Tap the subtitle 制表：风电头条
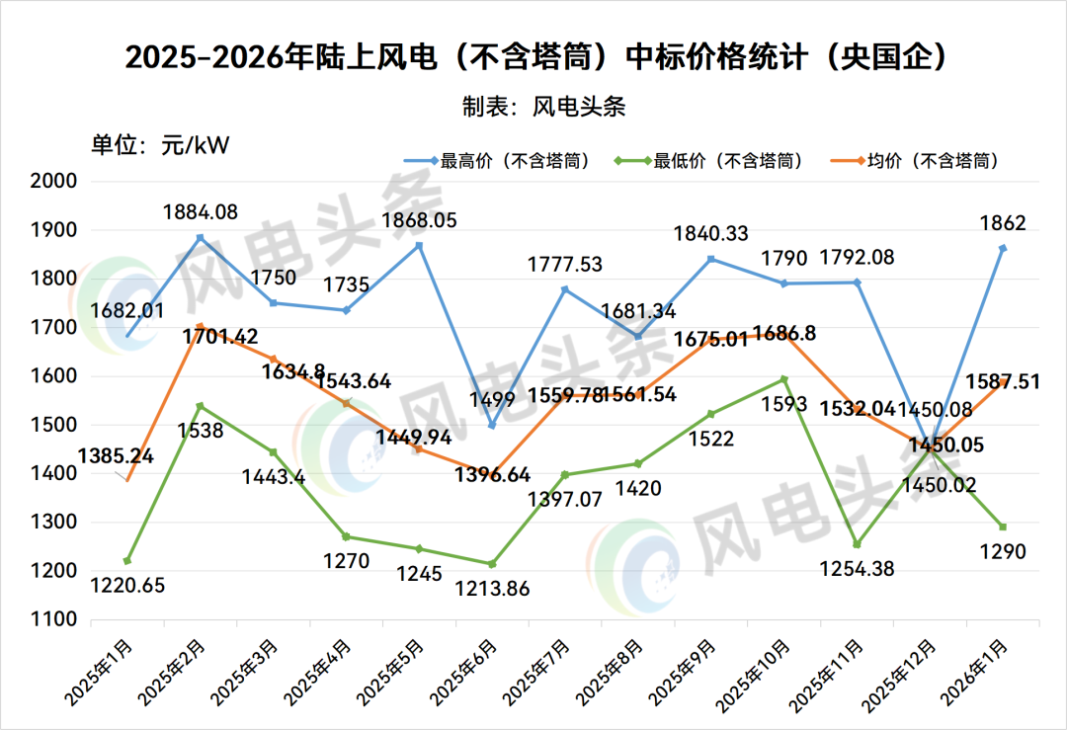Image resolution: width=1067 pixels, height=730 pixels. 543,106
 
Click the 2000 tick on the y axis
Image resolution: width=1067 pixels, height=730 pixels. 55,182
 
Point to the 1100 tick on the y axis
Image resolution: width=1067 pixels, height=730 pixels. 55,620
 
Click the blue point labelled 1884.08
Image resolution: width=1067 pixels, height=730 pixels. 200,237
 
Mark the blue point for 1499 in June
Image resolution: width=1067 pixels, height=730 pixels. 492,426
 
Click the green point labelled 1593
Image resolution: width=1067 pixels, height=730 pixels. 783,379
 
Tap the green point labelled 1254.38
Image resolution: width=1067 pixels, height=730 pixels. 857,544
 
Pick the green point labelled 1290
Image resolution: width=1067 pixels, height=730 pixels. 1002,527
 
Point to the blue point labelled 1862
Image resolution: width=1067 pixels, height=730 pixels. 1002,248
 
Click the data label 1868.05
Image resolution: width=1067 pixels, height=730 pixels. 419,221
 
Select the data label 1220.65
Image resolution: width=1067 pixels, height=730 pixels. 127,585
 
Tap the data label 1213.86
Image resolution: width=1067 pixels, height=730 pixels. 493,589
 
